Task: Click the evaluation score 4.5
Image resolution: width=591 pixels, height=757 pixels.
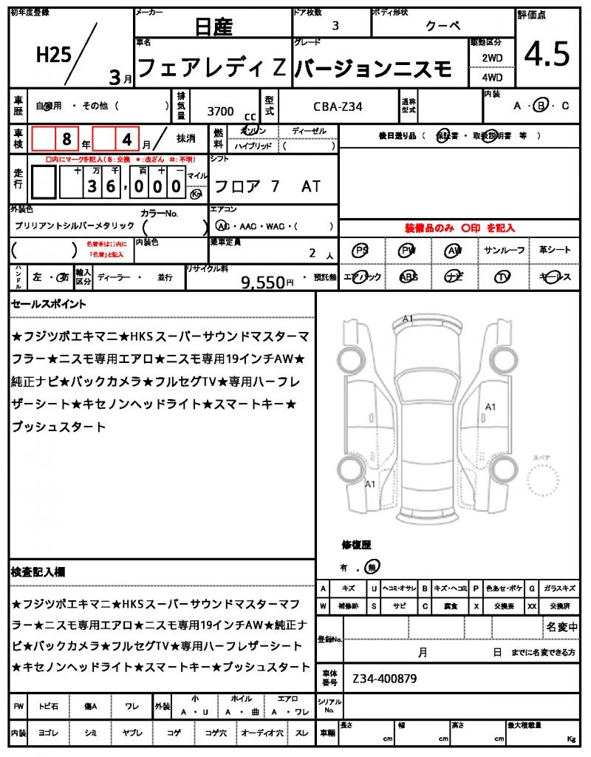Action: (x=547, y=53)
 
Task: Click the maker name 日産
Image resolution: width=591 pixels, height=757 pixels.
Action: (x=213, y=27)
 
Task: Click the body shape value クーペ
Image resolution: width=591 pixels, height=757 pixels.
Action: (x=443, y=26)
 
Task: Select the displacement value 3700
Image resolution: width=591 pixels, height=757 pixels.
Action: (x=220, y=112)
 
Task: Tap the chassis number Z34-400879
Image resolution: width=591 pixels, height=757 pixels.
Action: (x=385, y=677)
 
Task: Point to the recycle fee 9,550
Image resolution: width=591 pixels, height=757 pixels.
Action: (x=263, y=282)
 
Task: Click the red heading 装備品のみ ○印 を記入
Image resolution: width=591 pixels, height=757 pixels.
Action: (x=459, y=228)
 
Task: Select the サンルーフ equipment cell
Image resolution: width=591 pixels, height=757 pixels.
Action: (x=505, y=251)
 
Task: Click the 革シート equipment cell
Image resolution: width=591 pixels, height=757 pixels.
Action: (x=555, y=251)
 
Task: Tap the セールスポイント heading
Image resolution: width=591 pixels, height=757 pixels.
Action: (x=49, y=304)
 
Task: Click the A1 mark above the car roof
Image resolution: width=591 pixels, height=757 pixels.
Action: (x=408, y=319)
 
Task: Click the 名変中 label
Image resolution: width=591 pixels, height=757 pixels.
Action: (x=561, y=627)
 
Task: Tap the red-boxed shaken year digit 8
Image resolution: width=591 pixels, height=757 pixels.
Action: (x=66, y=138)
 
